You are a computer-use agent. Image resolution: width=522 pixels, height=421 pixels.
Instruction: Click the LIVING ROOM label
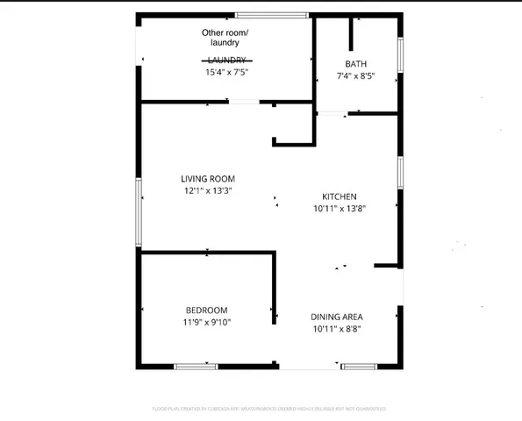(x=207, y=178)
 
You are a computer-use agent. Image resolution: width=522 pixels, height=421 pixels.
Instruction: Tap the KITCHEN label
(x=340, y=196)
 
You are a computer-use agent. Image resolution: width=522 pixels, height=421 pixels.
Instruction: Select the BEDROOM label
(x=207, y=310)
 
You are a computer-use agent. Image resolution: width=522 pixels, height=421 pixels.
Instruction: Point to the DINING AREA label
(x=337, y=317)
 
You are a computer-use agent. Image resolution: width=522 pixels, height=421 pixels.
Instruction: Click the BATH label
(x=356, y=64)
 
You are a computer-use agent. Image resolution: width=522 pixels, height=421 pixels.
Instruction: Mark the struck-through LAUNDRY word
(x=226, y=61)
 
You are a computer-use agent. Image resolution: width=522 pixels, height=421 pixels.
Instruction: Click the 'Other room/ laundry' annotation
(x=225, y=38)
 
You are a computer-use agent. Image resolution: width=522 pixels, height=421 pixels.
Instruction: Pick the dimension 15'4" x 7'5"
(x=226, y=73)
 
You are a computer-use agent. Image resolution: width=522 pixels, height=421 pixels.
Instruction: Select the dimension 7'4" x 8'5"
(x=356, y=76)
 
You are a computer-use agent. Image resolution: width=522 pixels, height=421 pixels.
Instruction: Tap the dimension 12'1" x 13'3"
(x=207, y=190)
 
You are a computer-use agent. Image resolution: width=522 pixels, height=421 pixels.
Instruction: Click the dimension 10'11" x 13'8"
(x=340, y=209)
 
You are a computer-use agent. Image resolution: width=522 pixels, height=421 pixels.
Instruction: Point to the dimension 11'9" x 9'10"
(x=207, y=323)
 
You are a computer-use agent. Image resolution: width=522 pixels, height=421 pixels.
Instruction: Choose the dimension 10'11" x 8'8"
(x=337, y=329)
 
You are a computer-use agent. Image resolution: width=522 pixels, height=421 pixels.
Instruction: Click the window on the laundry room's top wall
(x=271, y=15)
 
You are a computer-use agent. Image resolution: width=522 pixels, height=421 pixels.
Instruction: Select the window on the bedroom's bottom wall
(x=196, y=366)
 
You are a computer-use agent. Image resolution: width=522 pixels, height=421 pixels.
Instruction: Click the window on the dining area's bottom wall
(x=361, y=366)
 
